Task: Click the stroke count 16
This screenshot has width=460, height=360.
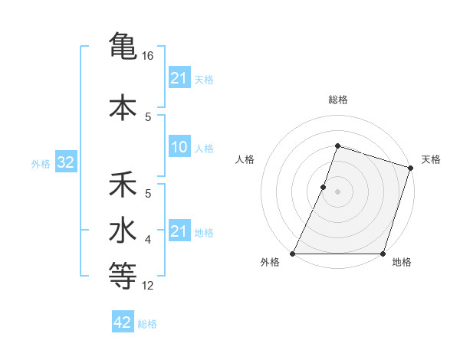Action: click(148, 56)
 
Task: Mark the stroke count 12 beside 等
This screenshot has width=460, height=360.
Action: click(148, 286)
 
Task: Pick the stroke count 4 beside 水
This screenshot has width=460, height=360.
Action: click(148, 241)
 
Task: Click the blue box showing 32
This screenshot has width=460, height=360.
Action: click(64, 163)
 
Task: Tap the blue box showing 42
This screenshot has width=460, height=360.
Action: click(123, 323)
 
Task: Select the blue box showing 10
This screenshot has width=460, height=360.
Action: click(179, 148)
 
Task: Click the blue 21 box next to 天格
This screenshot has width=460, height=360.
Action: click(179, 78)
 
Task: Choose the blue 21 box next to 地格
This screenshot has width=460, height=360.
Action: click(179, 232)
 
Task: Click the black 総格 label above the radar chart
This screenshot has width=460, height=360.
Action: click(338, 100)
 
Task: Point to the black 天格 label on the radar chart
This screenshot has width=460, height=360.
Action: click(431, 159)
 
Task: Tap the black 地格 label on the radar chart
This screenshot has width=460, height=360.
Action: click(402, 262)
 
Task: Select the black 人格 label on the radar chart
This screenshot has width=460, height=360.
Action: click(245, 159)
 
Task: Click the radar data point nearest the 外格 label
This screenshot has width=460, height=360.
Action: click(293, 254)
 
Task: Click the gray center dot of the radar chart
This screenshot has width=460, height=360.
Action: click(338, 191)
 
